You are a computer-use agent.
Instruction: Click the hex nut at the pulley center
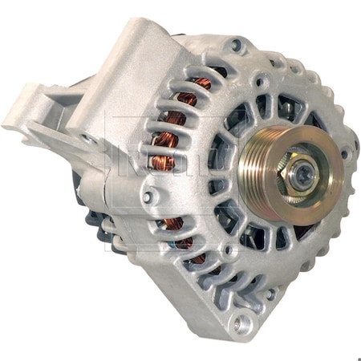click(298, 170)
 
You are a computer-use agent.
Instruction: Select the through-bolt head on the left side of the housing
click(148, 195)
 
